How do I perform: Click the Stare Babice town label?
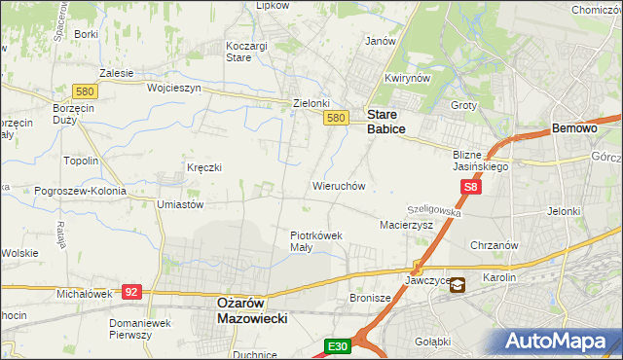click(385, 120)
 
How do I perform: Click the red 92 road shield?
click(133, 291)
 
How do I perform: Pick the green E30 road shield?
click(337, 346)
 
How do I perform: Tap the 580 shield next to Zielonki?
click(335, 118)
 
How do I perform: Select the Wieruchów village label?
click(338, 185)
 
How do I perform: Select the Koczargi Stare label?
click(238, 52)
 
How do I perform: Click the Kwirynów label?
click(407, 79)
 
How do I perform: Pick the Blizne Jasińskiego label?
click(481, 160)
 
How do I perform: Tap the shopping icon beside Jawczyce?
click(457, 285)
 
